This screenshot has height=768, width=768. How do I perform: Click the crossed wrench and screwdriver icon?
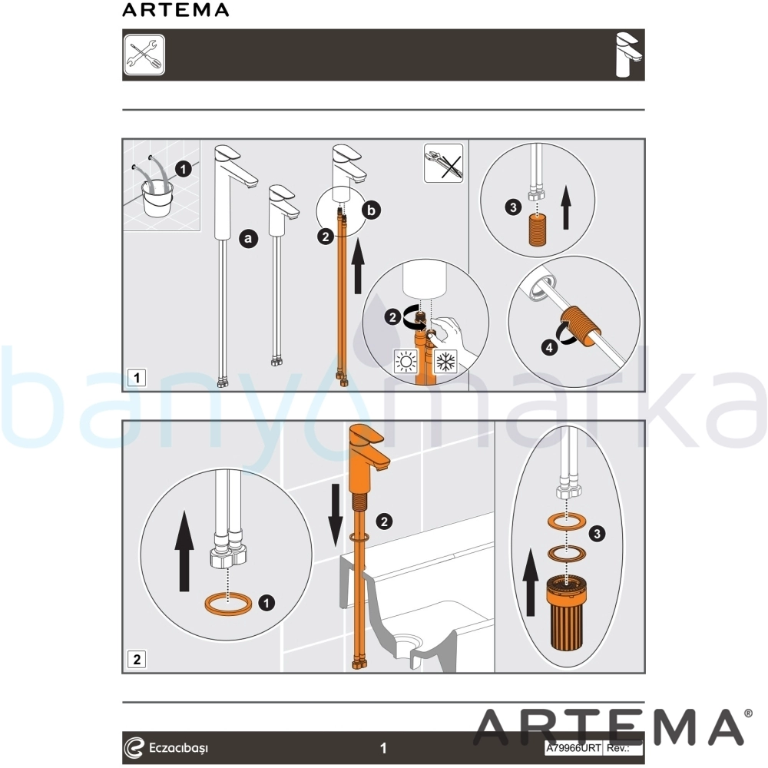pyautogui.click(x=144, y=55)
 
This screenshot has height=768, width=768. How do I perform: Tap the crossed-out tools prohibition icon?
pyautogui.click(x=443, y=163)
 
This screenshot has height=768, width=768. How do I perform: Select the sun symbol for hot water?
pyautogui.click(x=406, y=362)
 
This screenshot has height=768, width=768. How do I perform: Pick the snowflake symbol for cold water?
pyautogui.click(x=445, y=362)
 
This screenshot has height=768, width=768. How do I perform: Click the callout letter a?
pyautogui.click(x=248, y=239)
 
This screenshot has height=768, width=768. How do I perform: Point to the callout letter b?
pyautogui.click(x=372, y=210)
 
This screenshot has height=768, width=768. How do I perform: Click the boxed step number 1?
pyautogui.click(x=137, y=378)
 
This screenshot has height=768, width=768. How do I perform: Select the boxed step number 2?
pyautogui.click(x=137, y=659)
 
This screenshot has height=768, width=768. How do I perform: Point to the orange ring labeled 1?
pyautogui.click(x=229, y=604)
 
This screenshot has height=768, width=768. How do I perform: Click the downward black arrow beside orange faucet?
pyautogui.click(x=336, y=515)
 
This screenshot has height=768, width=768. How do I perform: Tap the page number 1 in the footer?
pyautogui.click(x=383, y=748)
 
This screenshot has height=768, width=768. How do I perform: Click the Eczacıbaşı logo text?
pyautogui.click(x=179, y=748)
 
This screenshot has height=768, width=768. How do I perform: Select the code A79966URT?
pyautogui.click(x=574, y=748)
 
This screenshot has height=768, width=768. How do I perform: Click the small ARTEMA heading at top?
pyautogui.click(x=175, y=10)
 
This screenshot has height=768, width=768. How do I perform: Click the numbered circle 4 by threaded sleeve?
pyautogui.click(x=549, y=348)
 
